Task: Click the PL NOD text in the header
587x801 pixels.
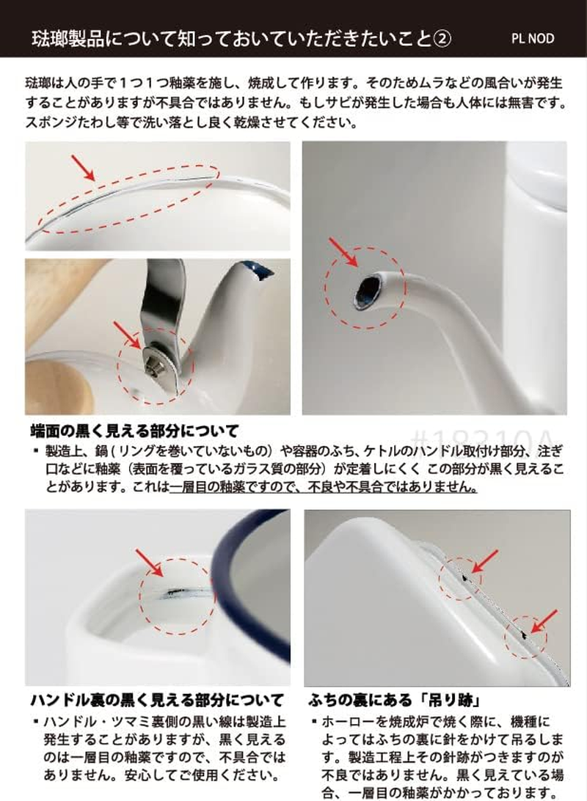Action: click(x=534, y=38)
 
